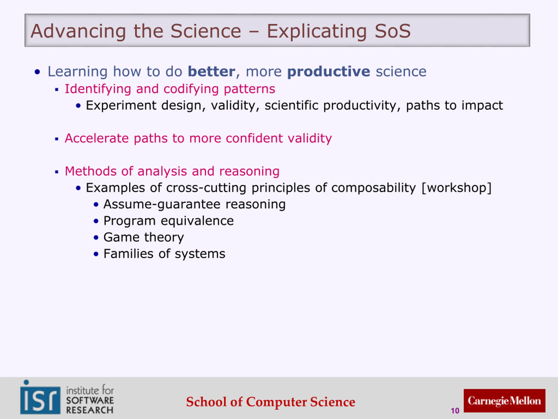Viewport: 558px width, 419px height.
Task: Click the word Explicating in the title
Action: [316, 31]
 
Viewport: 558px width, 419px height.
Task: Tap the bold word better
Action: [212, 72]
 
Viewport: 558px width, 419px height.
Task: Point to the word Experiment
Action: [121, 106]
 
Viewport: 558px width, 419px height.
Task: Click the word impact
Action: [482, 106]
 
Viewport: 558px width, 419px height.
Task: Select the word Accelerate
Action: [97, 138]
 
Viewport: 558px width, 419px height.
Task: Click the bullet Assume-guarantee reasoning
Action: [194, 204]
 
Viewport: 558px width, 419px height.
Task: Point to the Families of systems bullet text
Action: [164, 254]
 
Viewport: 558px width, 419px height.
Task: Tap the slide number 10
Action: [455, 411]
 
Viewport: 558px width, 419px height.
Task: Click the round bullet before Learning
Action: [37, 72]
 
